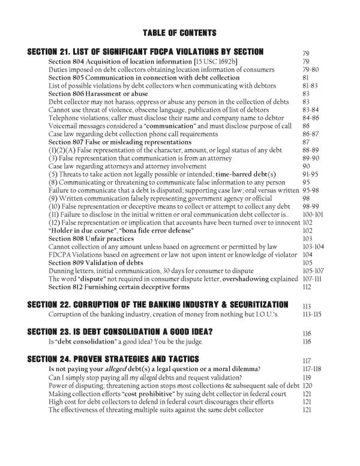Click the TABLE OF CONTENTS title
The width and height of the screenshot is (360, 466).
point(180,32)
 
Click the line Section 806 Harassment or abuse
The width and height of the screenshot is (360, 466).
point(98,94)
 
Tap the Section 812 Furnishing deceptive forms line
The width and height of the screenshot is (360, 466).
point(110,287)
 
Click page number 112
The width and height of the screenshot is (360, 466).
point(307,287)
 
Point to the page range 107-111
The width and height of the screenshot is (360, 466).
point(313,279)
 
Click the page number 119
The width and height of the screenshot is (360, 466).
point(307,377)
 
